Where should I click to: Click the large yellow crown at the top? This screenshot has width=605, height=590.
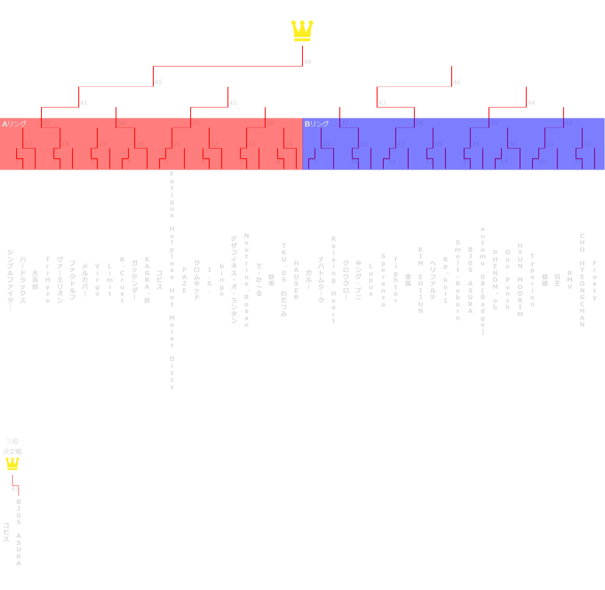tap(302, 31)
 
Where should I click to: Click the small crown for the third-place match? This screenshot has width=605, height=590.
tap(12, 464)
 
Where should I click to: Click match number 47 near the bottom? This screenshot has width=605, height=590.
tap(15, 489)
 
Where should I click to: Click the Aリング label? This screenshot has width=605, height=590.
tap(14, 124)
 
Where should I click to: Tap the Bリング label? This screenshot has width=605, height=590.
tap(317, 124)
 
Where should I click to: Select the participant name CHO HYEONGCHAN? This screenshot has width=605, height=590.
tap(582, 280)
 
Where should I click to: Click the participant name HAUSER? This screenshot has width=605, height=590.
tap(296, 280)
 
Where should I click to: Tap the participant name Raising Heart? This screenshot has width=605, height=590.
tap(334, 280)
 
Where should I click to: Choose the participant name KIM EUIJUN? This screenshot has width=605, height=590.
tap(421, 280)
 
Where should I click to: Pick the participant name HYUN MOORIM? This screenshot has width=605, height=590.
tap(520, 280)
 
